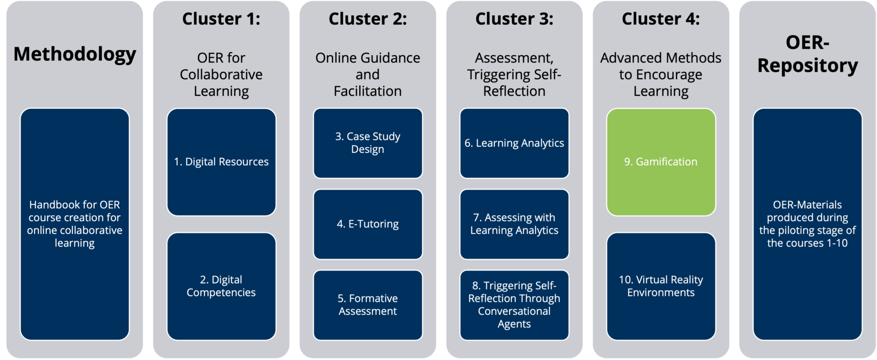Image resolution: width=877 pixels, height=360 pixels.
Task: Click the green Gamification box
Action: click(661, 162)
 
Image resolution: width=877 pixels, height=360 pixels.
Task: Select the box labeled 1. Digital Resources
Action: click(221, 162)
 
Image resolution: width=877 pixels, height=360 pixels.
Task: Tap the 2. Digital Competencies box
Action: click(221, 286)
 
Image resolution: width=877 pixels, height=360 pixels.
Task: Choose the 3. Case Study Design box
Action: click(367, 143)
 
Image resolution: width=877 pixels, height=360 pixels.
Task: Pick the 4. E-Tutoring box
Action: click(367, 224)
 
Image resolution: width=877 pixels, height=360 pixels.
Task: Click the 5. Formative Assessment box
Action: click(367, 305)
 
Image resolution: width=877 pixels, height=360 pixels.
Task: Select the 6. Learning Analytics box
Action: click(514, 143)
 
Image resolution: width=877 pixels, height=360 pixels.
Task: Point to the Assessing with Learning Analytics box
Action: click(514, 224)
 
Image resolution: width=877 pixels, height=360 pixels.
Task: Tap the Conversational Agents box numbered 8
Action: click(514, 305)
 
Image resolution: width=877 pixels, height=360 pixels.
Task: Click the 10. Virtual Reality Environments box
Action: click(661, 286)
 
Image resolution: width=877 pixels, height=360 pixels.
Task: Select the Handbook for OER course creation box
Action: click(75, 224)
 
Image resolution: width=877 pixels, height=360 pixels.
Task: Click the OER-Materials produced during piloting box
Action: click(807, 224)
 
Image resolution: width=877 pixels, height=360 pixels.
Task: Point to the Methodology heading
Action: click(75, 54)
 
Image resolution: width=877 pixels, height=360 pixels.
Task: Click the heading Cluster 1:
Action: click(221, 19)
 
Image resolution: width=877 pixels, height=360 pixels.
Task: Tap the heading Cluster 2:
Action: click(367, 19)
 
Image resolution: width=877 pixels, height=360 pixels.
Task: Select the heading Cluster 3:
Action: click(514, 19)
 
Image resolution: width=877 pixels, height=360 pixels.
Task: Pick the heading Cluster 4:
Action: click(661, 19)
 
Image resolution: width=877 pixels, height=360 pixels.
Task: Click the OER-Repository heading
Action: click(807, 54)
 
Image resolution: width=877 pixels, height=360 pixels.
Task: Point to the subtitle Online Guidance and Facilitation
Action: click(367, 74)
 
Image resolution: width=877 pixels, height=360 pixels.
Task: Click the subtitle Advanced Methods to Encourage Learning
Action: click(661, 74)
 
